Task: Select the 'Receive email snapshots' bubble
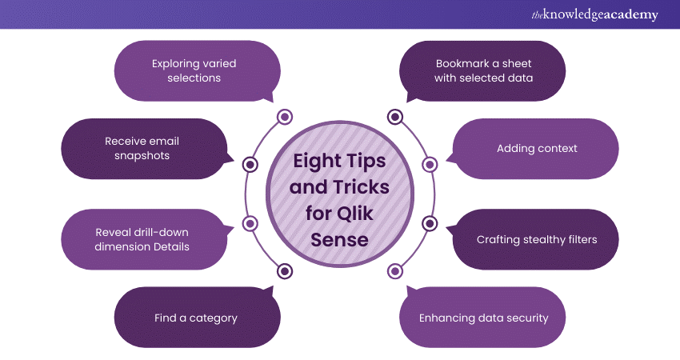(x=142, y=148)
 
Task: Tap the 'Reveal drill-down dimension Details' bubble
(x=142, y=238)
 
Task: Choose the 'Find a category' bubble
(x=196, y=318)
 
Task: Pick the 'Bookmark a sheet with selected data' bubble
(x=483, y=70)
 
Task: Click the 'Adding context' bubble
(x=537, y=148)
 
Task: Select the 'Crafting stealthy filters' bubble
(x=537, y=238)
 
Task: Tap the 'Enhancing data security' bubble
(x=483, y=318)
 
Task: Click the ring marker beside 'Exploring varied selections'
(x=284, y=118)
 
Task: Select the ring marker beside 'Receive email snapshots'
(x=250, y=164)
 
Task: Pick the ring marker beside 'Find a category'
(x=284, y=271)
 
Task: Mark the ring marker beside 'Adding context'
(x=430, y=164)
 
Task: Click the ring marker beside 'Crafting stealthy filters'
(x=430, y=223)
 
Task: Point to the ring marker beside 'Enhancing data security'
(x=395, y=271)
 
